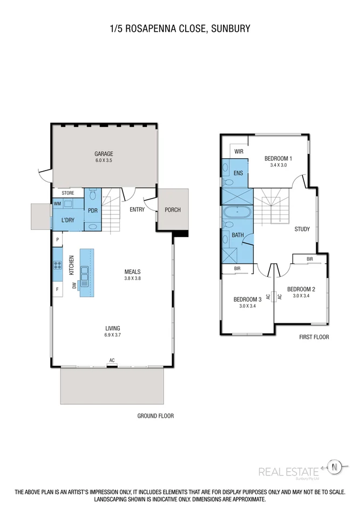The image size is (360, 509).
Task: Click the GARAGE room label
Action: (x=104, y=154)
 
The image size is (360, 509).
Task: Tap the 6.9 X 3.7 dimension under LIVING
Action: (x=113, y=335)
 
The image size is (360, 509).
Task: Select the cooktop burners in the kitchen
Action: (x=57, y=265)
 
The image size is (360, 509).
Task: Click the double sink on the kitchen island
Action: (x=85, y=276)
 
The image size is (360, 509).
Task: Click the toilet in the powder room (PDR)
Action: (x=92, y=194)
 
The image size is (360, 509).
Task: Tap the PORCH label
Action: (x=172, y=210)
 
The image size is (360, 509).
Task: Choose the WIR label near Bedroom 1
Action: (x=239, y=152)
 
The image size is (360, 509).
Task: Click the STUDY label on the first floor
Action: (x=302, y=229)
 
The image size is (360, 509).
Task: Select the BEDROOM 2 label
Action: (x=301, y=289)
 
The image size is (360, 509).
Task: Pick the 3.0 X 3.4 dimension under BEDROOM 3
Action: (x=247, y=306)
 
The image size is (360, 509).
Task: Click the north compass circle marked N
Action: (x=334, y=467)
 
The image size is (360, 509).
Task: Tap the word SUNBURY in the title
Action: (x=230, y=29)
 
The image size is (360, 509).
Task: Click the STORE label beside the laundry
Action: (x=68, y=193)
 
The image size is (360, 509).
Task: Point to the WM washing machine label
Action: (x=57, y=204)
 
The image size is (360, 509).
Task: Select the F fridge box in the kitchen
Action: (x=57, y=289)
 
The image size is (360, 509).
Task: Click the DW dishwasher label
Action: (x=74, y=286)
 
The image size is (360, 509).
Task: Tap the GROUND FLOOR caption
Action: (x=155, y=416)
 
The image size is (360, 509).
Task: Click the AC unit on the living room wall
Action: (x=112, y=366)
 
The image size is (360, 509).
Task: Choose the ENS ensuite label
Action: (x=238, y=173)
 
